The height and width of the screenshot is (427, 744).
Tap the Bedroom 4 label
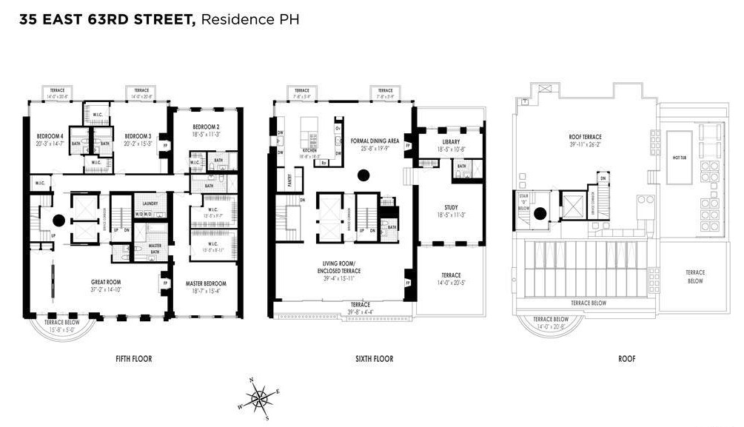(x=50, y=136)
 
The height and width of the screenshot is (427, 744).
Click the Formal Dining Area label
(x=380, y=140)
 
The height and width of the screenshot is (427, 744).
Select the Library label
(x=451, y=141)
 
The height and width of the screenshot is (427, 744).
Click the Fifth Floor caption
(x=133, y=359)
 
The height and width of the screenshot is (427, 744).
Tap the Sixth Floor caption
(x=375, y=359)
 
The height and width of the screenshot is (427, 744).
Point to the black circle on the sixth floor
(x=363, y=175)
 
